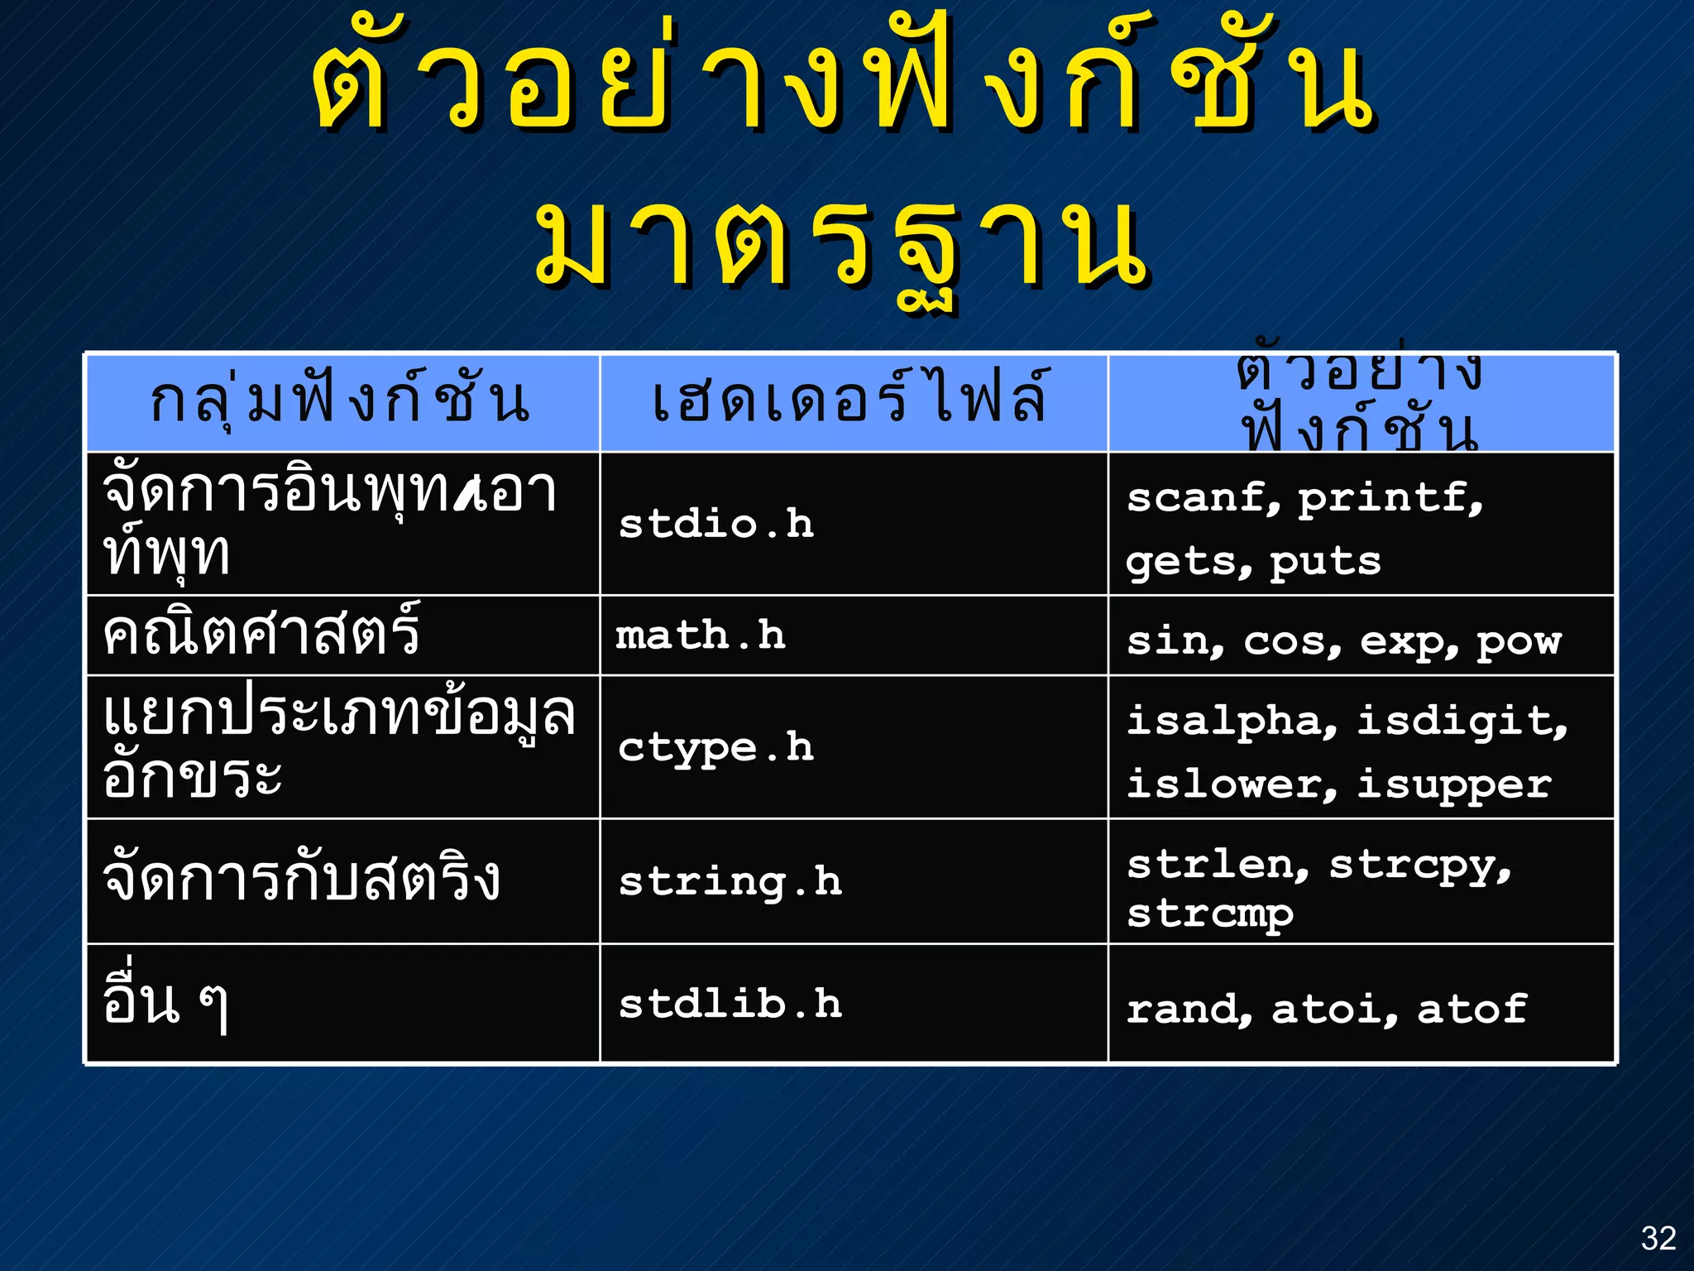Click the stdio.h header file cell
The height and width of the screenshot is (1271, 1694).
tap(716, 524)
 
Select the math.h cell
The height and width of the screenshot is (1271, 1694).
tap(701, 635)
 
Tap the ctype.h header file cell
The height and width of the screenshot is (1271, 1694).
tap(716, 747)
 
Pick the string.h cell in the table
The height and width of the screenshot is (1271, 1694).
tap(730, 881)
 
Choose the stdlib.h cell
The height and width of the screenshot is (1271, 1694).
tap(730, 1005)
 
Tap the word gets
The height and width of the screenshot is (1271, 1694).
tap(1183, 563)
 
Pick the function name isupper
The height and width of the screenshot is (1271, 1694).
tap(1454, 784)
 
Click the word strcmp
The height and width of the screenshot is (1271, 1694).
tap(1209, 914)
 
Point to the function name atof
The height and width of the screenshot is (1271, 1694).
tap(1471, 1009)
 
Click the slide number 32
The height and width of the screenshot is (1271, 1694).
tap(1658, 1238)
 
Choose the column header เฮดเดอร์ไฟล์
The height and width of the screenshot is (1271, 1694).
tap(852, 400)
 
